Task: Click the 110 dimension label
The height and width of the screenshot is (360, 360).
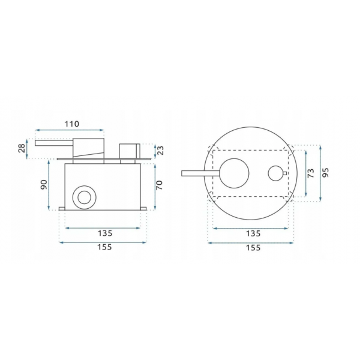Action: [x=72, y=124]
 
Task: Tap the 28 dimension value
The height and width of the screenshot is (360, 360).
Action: [x=22, y=148]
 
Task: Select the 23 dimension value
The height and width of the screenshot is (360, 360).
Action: [x=161, y=151]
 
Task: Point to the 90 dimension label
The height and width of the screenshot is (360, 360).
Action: [x=44, y=185]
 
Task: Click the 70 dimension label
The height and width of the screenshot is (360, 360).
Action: [x=159, y=185]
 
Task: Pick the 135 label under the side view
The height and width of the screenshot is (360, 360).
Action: [x=105, y=233]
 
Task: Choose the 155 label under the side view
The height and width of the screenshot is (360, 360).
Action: [x=104, y=247]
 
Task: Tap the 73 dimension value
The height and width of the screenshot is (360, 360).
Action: [x=310, y=173]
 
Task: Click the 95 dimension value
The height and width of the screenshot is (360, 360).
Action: [x=325, y=173]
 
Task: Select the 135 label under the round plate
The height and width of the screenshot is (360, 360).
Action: [x=253, y=233]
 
